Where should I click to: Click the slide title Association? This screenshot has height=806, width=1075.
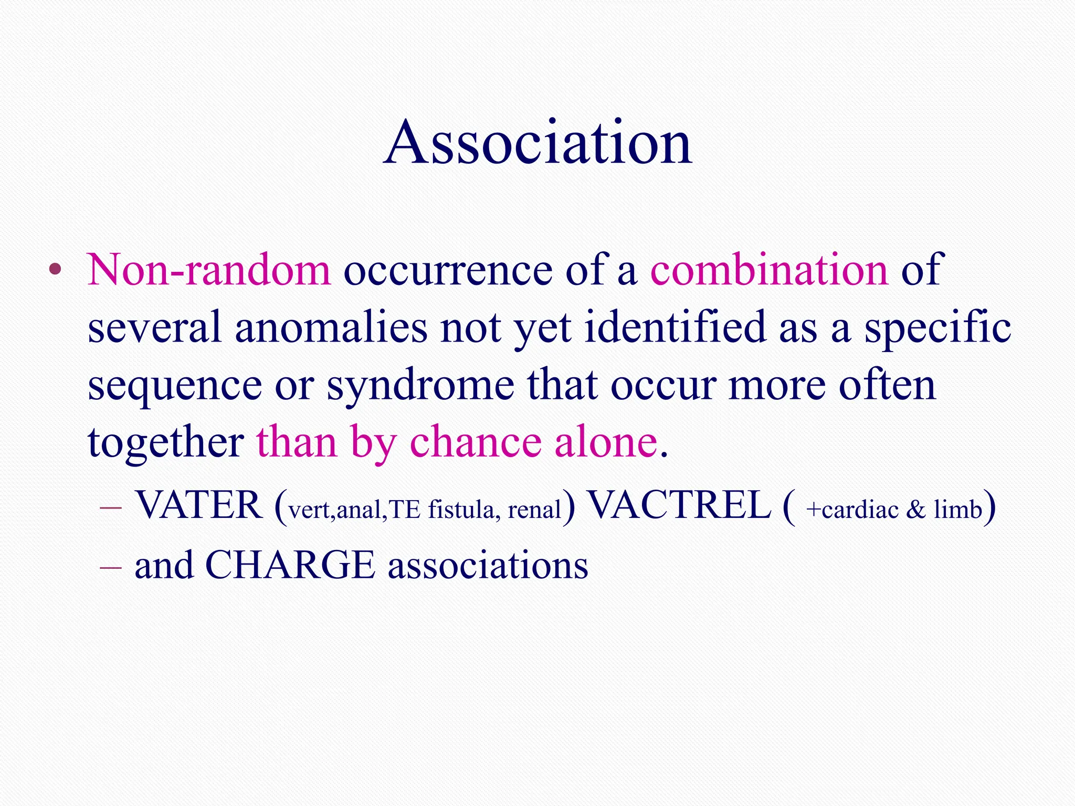coord(537,143)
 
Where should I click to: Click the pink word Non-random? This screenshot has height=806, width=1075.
coord(209,270)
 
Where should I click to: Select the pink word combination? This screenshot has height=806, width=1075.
coord(769,270)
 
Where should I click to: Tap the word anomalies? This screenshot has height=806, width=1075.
coord(331,328)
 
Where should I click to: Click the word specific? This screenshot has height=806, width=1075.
coord(937,328)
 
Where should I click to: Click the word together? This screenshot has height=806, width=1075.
coord(165,443)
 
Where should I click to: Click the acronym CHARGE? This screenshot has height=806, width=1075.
coord(290,565)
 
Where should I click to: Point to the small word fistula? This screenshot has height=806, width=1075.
coord(461,510)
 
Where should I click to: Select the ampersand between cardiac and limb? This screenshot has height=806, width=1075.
coord(915,510)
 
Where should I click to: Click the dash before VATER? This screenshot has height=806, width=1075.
coord(110,508)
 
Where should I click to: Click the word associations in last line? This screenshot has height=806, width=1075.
coord(488,565)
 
